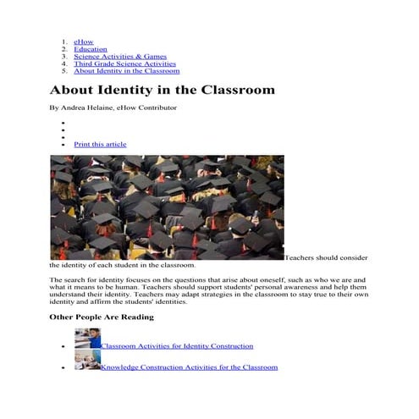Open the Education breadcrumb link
(91, 48)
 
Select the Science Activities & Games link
(119, 56)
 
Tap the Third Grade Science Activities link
(124, 63)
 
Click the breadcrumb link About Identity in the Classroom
(126, 71)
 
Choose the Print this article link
(100, 144)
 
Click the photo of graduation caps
(167, 207)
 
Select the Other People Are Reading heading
(102, 317)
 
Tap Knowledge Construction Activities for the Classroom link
(189, 367)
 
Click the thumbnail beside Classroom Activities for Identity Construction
(87, 339)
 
